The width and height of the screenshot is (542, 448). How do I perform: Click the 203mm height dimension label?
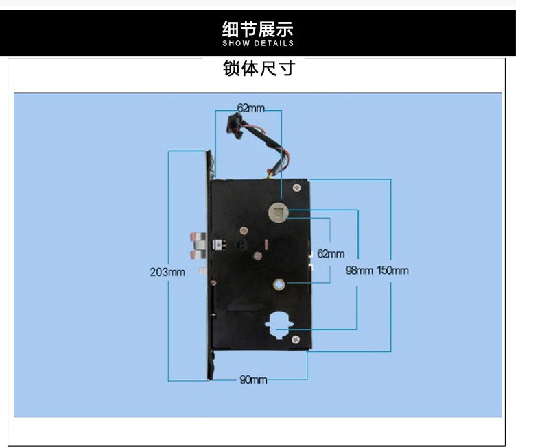[167, 272]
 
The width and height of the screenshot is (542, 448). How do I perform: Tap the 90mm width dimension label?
[253, 379]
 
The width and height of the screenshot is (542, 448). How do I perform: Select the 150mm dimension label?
[392, 270]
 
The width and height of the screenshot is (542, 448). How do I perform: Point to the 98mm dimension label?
[359, 270]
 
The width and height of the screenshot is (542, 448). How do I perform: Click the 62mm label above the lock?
[250, 108]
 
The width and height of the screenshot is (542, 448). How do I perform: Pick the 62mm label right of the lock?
[331, 253]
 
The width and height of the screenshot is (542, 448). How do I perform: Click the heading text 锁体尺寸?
[258, 69]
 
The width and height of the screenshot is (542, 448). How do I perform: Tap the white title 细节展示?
[258, 29]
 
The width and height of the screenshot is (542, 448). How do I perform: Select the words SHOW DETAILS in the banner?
[258, 43]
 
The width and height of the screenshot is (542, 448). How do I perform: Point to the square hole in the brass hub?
[281, 285]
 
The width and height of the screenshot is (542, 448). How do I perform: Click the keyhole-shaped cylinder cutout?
[279, 323]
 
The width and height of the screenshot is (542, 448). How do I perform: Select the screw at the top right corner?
[296, 186]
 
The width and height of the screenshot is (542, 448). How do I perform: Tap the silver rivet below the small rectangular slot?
[257, 256]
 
